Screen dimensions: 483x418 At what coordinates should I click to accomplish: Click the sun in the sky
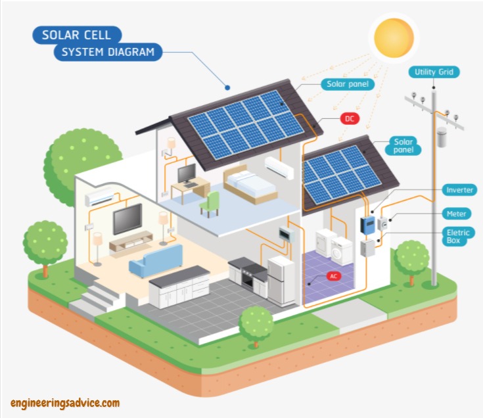coord(394,37)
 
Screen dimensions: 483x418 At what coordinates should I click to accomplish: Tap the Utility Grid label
coord(434,72)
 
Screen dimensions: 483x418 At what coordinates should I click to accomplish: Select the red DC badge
coord(350,118)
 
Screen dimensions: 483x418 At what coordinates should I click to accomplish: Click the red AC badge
coord(334,276)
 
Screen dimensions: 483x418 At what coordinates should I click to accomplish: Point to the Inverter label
coord(459,190)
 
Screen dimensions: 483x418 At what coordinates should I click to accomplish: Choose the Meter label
coord(457,214)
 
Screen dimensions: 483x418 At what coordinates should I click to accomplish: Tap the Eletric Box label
coord(458,237)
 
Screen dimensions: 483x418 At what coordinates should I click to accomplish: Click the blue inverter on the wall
coord(367,225)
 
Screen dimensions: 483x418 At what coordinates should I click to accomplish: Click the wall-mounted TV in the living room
coord(127,219)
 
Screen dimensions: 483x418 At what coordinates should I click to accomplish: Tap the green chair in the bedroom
coord(210,204)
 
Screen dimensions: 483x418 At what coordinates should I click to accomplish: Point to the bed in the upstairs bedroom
coord(250,184)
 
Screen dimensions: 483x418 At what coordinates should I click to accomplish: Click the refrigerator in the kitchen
coord(281,281)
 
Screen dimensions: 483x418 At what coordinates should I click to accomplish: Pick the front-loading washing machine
coord(342,251)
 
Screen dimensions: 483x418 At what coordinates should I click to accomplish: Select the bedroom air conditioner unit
coord(279,167)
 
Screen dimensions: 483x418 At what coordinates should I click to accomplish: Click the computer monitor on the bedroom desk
coord(187,174)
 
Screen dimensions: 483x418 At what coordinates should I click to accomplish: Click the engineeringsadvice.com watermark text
coord(65,404)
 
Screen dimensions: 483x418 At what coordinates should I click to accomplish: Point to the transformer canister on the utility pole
coord(442,137)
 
